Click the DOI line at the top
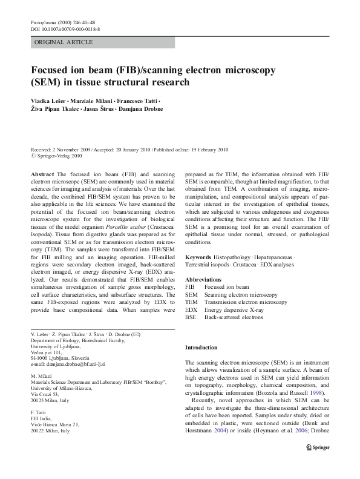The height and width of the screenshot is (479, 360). click(65, 28)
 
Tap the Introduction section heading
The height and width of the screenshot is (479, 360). click(201, 348)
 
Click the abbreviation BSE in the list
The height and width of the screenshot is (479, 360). click(191, 317)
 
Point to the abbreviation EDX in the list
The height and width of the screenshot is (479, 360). click(191, 309)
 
